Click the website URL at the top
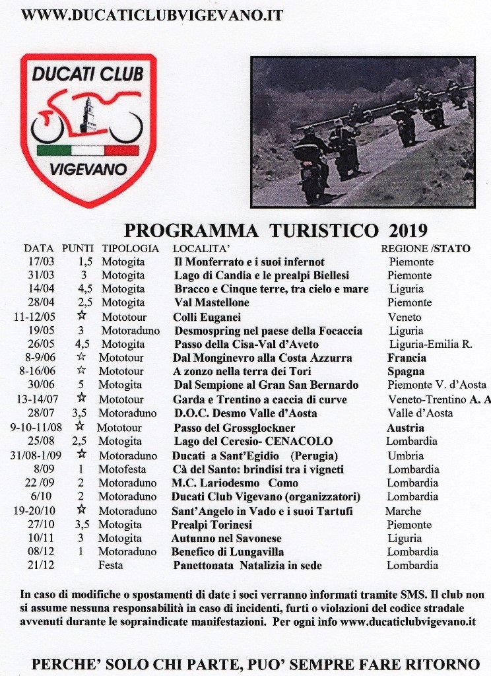click(152, 15)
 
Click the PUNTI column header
click(78, 249)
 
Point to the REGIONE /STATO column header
click(426, 249)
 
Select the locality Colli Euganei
click(203, 317)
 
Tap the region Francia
click(407, 358)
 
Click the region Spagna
click(405, 372)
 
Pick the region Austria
click(405, 427)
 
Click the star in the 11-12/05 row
click(82, 317)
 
